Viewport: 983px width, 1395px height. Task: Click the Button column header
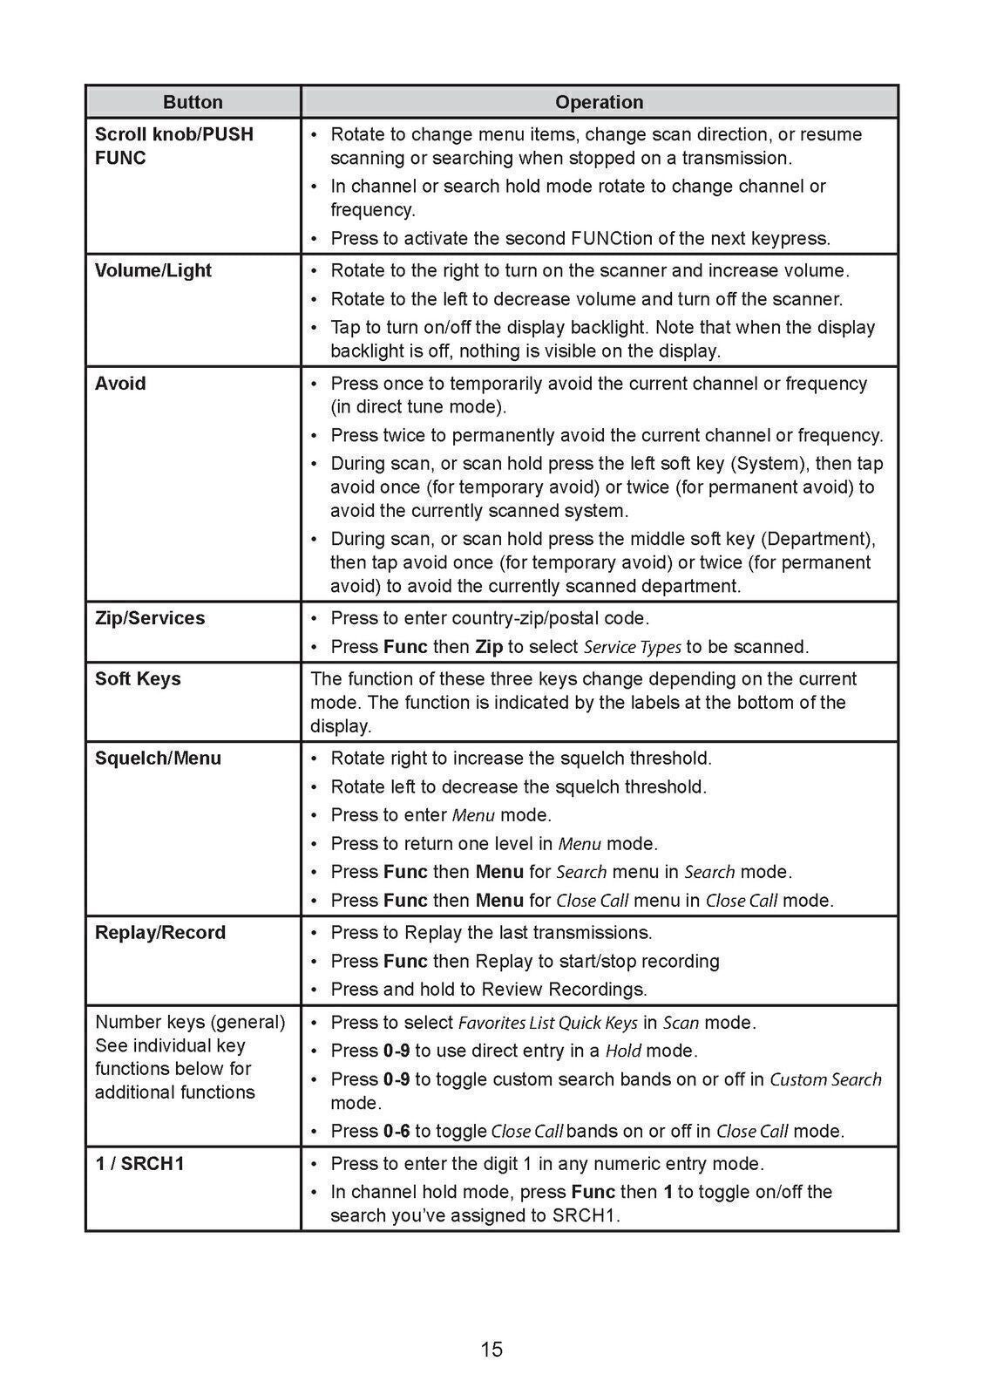[x=193, y=102]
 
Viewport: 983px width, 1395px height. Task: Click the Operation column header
[x=599, y=102]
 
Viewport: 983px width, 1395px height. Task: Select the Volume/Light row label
[x=153, y=270]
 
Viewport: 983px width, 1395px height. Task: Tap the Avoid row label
[x=120, y=384]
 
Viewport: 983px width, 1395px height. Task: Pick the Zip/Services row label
[x=150, y=618]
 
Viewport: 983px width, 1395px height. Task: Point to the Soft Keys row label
[x=138, y=678]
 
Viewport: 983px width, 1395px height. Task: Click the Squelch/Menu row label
[x=158, y=758]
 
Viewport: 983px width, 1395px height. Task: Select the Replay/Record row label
[x=160, y=932]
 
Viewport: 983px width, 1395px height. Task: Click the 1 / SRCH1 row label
[x=139, y=1163]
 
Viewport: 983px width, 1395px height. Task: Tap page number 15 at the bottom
[x=491, y=1350]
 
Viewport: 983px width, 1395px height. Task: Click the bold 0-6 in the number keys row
[x=397, y=1131]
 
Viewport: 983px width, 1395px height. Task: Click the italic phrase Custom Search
[x=825, y=1079]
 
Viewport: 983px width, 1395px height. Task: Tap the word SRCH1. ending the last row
[x=586, y=1215]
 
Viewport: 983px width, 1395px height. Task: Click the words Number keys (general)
[x=190, y=1022]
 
